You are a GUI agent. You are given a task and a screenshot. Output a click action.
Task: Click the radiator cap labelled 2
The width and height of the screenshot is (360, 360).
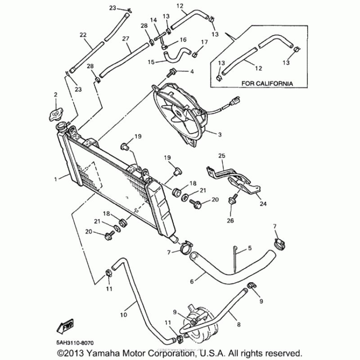coord(56,115)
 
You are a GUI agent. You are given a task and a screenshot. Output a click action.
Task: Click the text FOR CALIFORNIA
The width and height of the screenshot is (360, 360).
coord(267,84)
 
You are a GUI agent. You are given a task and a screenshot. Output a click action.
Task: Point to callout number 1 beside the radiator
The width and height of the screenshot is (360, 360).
coord(56,179)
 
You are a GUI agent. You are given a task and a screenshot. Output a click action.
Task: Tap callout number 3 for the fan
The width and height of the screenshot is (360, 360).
coord(220,135)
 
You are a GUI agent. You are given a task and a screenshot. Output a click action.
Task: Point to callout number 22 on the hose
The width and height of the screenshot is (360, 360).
coord(83,35)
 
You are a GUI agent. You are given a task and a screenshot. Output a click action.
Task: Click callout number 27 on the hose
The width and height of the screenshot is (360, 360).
coord(126,39)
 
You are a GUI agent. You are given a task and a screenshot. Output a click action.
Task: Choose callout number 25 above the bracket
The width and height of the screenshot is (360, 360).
coord(221,156)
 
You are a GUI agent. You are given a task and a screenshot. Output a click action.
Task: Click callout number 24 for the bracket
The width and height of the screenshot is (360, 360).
coord(263,203)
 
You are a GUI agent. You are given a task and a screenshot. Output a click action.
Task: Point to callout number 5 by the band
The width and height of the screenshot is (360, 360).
coord(250,248)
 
